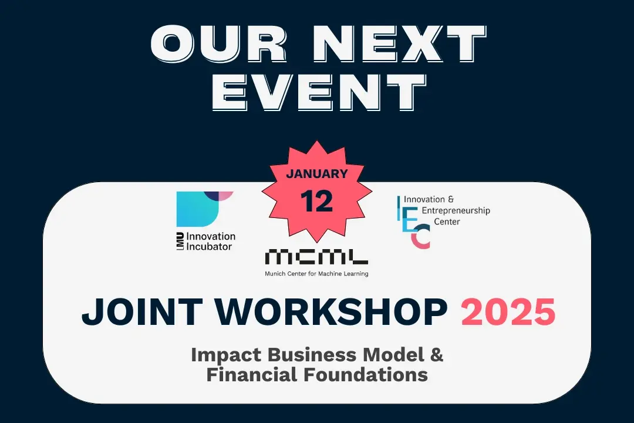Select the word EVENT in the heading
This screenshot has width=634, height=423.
[318, 92]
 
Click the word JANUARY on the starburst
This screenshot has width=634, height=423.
[317, 174]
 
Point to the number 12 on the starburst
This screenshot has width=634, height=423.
[317, 201]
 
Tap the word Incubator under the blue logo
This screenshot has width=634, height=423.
[208, 246]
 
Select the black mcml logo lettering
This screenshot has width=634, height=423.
[317, 257]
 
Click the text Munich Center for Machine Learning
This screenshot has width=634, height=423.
[317, 273]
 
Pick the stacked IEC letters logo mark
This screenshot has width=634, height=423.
[413, 223]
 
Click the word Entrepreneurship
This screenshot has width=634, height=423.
[456, 210]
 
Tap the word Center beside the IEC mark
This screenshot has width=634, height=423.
[447, 221]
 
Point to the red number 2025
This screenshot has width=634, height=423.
[508, 312]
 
